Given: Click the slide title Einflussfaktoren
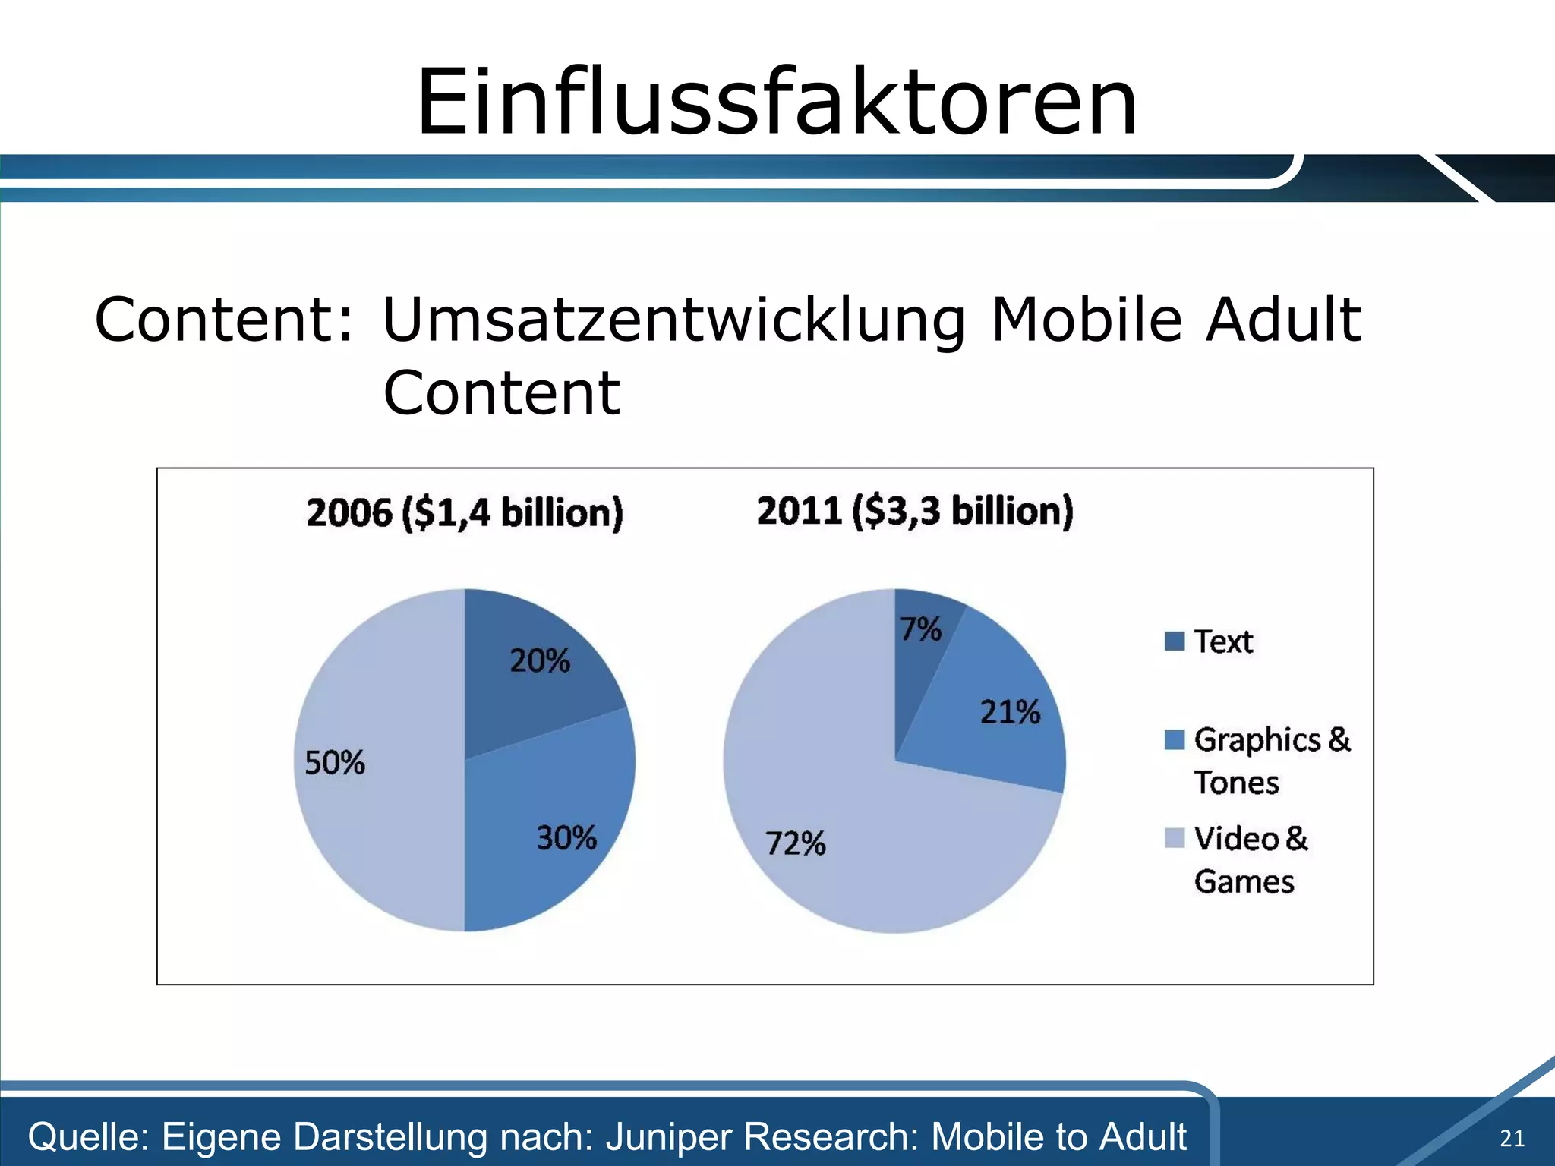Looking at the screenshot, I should click(776, 102).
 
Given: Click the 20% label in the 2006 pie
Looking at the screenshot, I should click(539, 660).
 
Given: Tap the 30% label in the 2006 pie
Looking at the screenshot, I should click(566, 838).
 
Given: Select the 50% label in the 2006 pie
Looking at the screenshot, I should click(334, 762).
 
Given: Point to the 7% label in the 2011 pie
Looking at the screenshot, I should click(920, 629).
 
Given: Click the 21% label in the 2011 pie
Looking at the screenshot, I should click(1009, 712).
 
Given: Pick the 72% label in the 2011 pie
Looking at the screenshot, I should click(795, 843).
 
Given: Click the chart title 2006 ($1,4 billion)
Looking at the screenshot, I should click(464, 512).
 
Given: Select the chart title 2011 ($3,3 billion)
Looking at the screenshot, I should click(915, 511).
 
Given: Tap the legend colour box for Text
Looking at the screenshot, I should click(1174, 641).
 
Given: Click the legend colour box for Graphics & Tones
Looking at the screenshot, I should click(1174, 739).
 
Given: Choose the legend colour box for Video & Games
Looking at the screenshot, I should click(1174, 838).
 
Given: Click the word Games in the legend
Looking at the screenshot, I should click(1244, 882).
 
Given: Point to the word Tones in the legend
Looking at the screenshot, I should click(1236, 783).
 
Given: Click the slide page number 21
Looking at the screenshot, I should click(1512, 1138).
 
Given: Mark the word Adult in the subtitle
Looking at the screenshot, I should click(1284, 320).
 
